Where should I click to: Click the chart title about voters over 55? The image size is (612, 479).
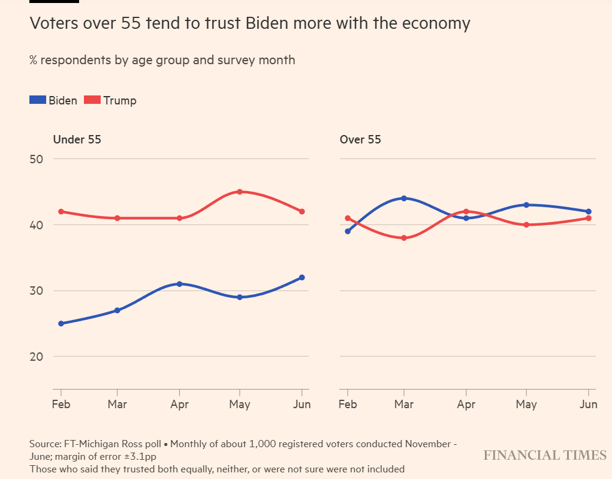pos(249,24)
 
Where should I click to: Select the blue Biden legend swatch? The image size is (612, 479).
pos(38,100)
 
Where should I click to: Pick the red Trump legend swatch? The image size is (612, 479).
pos(92,100)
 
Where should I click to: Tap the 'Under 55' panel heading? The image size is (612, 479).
pos(77,140)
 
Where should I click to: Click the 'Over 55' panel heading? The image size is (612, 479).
pos(360,140)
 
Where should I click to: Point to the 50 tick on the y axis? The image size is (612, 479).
pos(37,159)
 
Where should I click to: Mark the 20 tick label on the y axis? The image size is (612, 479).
pos(37,357)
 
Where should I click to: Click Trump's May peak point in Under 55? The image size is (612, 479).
pos(240,192)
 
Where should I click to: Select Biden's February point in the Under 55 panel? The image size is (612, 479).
pos(61,324)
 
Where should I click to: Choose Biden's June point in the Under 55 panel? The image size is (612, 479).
pos(302,277)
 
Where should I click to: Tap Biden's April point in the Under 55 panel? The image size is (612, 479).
pos(179,284)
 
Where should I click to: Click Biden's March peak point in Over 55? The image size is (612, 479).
pos(404,198)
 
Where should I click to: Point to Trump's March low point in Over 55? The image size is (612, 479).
pos(404,238)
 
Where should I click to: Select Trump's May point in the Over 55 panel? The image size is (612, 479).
pos(527,225)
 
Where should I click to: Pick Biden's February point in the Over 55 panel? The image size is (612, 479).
pos(348,231)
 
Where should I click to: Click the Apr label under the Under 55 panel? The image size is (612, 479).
pos(179,405)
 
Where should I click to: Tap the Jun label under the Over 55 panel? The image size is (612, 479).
pos(589,405)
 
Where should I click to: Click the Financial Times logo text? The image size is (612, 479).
pos(545,456)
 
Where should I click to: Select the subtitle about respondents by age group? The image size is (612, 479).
pos(162,60)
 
